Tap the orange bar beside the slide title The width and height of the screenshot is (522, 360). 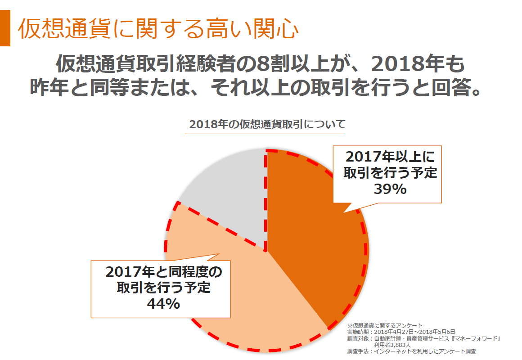coord(5,28)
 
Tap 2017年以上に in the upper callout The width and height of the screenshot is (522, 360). coord(390,157)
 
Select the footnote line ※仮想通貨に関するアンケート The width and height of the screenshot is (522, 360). coord(385,325)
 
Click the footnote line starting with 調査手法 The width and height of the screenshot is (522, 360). coord(411,351)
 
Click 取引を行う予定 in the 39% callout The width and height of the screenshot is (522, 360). coord(390,173)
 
